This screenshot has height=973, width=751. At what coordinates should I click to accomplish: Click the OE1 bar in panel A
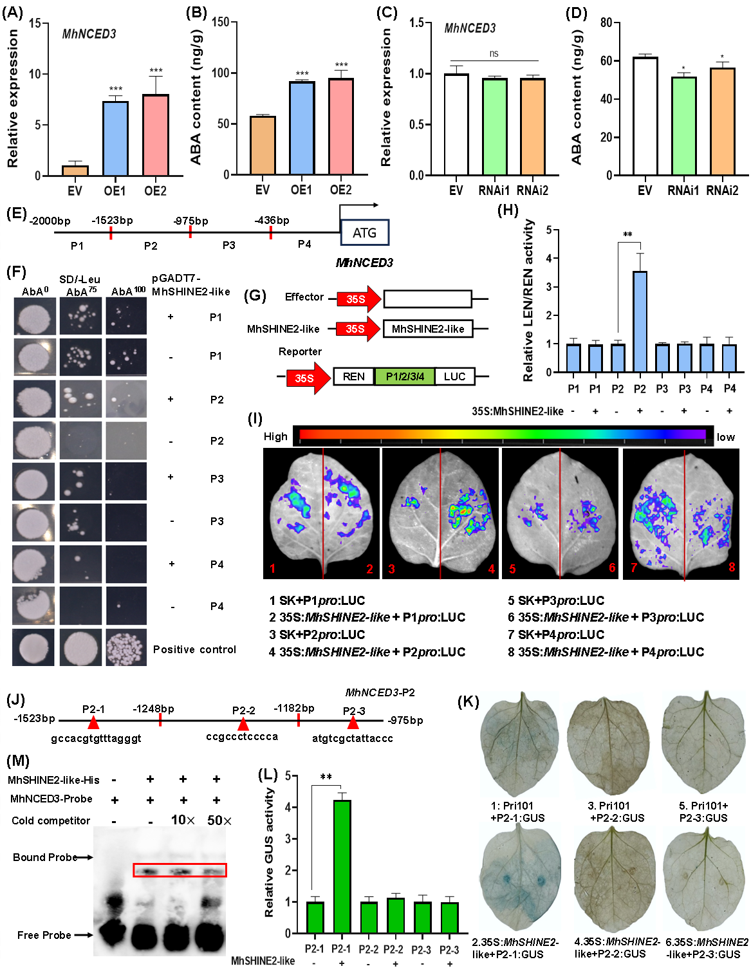click(x=115, y=138)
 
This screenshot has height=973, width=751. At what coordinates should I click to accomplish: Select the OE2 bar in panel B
click(x=340, y=126)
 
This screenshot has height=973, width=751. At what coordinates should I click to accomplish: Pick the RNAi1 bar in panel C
click(x=494, y=126)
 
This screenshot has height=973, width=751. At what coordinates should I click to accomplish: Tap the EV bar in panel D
click(x=645, y=116)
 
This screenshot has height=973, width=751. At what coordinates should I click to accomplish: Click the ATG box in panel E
click(x=364, y=233)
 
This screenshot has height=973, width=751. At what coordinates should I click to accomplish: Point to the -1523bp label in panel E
click(x=112, y=220)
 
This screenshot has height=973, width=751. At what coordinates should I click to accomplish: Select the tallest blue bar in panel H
click(x=640, y=322)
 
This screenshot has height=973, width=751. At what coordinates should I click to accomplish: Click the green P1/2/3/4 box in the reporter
click(x=404, y=376)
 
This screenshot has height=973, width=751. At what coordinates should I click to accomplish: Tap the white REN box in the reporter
click(x=353, y=376)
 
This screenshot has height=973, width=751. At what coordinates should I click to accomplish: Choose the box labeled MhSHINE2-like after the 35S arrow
click(x=428, y=329)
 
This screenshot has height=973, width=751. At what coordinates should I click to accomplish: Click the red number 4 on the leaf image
click(x=492, y=569)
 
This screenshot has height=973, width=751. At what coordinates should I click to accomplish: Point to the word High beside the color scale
click(x=275, y=436)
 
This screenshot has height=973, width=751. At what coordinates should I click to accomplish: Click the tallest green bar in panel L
click(x=341, y=866)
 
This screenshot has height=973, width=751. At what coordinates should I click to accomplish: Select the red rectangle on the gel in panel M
click(x=180, y=870)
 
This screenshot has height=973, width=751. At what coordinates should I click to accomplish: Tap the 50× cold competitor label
click(x=219, y=820)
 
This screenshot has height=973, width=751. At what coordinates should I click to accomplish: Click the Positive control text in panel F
click(x=194, y=649)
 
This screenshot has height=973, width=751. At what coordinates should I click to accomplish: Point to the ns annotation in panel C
click(x=494, y=53)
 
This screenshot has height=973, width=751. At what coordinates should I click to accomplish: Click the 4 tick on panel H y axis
click(x=549, y=259)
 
